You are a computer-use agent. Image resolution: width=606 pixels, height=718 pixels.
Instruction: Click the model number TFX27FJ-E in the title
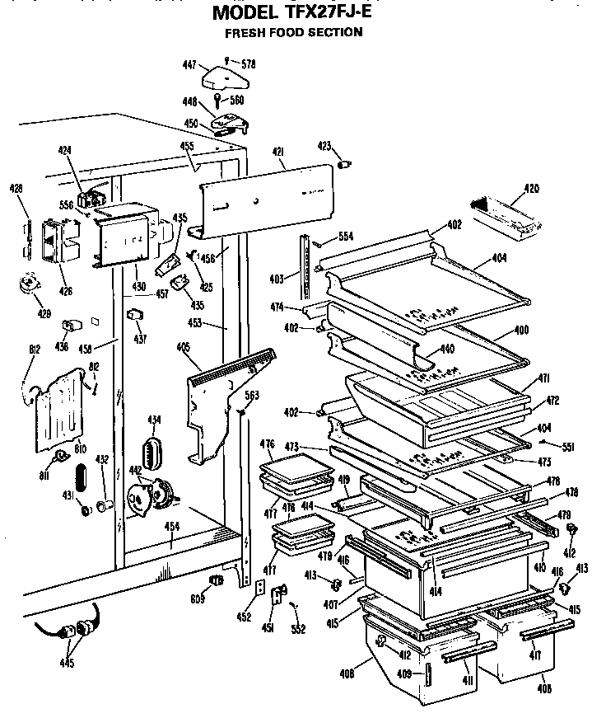point(325,14)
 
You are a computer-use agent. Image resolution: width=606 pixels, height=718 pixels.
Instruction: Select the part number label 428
point(16,188)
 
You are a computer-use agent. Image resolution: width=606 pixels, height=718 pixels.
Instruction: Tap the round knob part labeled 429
point(31,284)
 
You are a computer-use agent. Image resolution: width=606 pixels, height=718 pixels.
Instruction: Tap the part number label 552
point(298,630)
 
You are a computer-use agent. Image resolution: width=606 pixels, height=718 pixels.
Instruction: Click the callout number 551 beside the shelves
point(566,447)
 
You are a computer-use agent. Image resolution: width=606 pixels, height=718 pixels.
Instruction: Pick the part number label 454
point(170,526)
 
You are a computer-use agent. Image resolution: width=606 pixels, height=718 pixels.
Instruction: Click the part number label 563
point(252,396)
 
